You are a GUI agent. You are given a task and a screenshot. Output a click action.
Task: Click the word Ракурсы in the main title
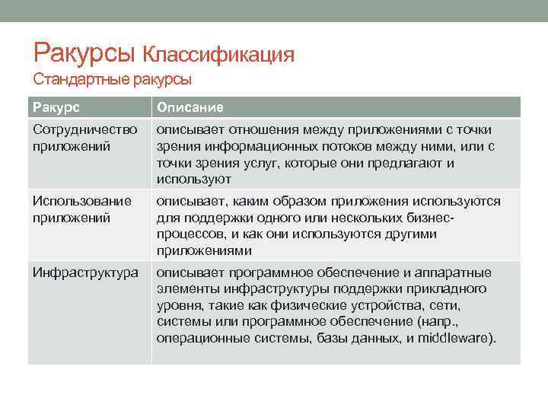coord(84,53)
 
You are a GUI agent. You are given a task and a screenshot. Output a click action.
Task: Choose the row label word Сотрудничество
coord(84,129)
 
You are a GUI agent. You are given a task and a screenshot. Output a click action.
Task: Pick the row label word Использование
coord(82,201)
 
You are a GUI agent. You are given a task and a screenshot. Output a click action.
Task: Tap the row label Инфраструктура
coord(84,272)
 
